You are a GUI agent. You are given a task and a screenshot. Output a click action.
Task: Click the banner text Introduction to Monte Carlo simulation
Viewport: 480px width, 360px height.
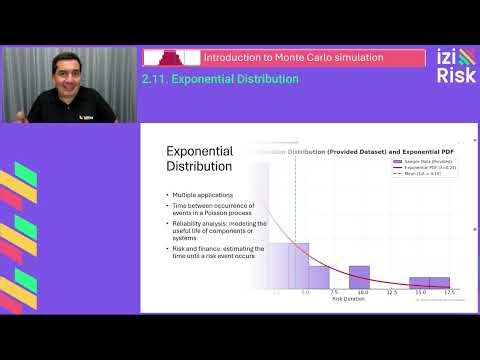click(x=293, y=58)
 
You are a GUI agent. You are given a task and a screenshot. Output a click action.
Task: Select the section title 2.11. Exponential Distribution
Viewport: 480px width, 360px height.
click(x=220, y=79)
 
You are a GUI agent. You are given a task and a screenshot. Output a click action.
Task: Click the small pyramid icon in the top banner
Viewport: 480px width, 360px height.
click(x=166, y=58)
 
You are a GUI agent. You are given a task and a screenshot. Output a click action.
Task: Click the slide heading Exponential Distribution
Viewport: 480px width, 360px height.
click(x=199, y=158)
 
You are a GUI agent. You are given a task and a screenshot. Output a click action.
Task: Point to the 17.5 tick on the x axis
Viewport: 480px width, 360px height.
click(x=450, y=293)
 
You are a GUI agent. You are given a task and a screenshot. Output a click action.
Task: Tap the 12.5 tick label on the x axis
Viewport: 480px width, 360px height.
click(x=391, y=293)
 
